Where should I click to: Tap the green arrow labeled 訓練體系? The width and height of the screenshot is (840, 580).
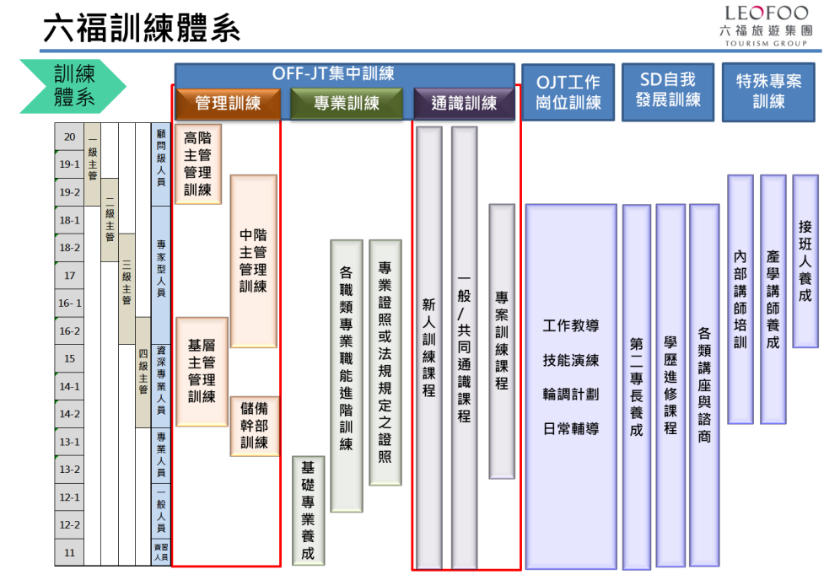click(x=74, y=85)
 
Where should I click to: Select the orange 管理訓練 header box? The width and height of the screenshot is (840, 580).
click(x=228, y=104)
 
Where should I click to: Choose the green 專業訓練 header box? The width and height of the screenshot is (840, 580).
click(x=346, y=104)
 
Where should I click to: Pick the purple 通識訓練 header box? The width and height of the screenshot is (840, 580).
click(x=464, y=104)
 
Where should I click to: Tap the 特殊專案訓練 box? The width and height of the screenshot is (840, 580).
click(x=768, y=91)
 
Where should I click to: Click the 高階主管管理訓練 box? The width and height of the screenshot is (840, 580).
click(x=198, y=164)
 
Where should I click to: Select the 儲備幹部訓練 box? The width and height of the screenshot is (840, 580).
click(x=254, y=426)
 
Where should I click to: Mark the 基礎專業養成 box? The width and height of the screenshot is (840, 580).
click(x=307, y=510)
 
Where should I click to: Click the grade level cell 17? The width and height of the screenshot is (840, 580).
click(x=69, y=276)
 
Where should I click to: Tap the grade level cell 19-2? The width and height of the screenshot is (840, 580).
click(x=69, y=192)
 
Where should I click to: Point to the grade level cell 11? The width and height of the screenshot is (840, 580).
click(x=69, y=553)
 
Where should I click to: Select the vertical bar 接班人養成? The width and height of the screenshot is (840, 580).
click(x=805, y=260)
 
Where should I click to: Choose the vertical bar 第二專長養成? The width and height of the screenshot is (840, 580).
click(x=636, y=386)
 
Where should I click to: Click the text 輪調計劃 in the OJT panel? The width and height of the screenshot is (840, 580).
click(x=571, y=395)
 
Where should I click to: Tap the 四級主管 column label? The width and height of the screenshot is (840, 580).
click(x=143, y=373)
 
